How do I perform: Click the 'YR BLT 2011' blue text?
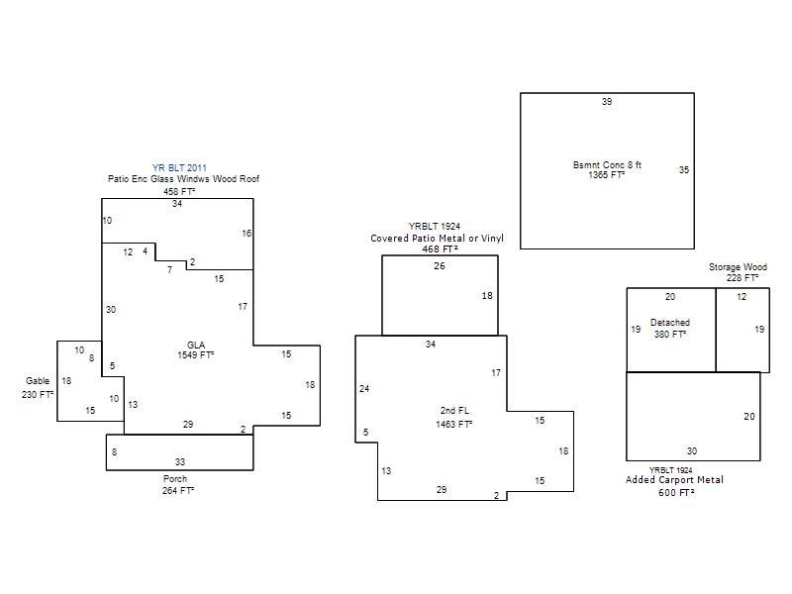(179, 168)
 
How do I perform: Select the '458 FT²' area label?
(179, 191)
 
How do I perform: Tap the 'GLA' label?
(195, 345)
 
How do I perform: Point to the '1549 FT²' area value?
(195, 354)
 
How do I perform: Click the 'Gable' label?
(38, 381)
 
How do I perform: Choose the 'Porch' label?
(175, 479)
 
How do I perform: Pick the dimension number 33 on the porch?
(179, 462)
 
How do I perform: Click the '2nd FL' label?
(453, 410)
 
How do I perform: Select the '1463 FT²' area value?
(453, 424)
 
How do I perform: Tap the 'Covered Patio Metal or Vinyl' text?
(437, 239)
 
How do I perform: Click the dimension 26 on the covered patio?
(440, 266)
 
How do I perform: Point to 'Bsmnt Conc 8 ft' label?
(607, 164)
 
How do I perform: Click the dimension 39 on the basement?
(607, 102)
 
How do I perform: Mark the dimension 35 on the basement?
(683, 170)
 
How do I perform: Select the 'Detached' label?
(670, 323)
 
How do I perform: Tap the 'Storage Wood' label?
(738, 267)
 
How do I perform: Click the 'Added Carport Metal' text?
(674, 480)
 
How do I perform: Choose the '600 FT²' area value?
(675, 493)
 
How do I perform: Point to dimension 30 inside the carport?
(692, 451)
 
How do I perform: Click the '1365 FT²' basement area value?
(607, 175)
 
